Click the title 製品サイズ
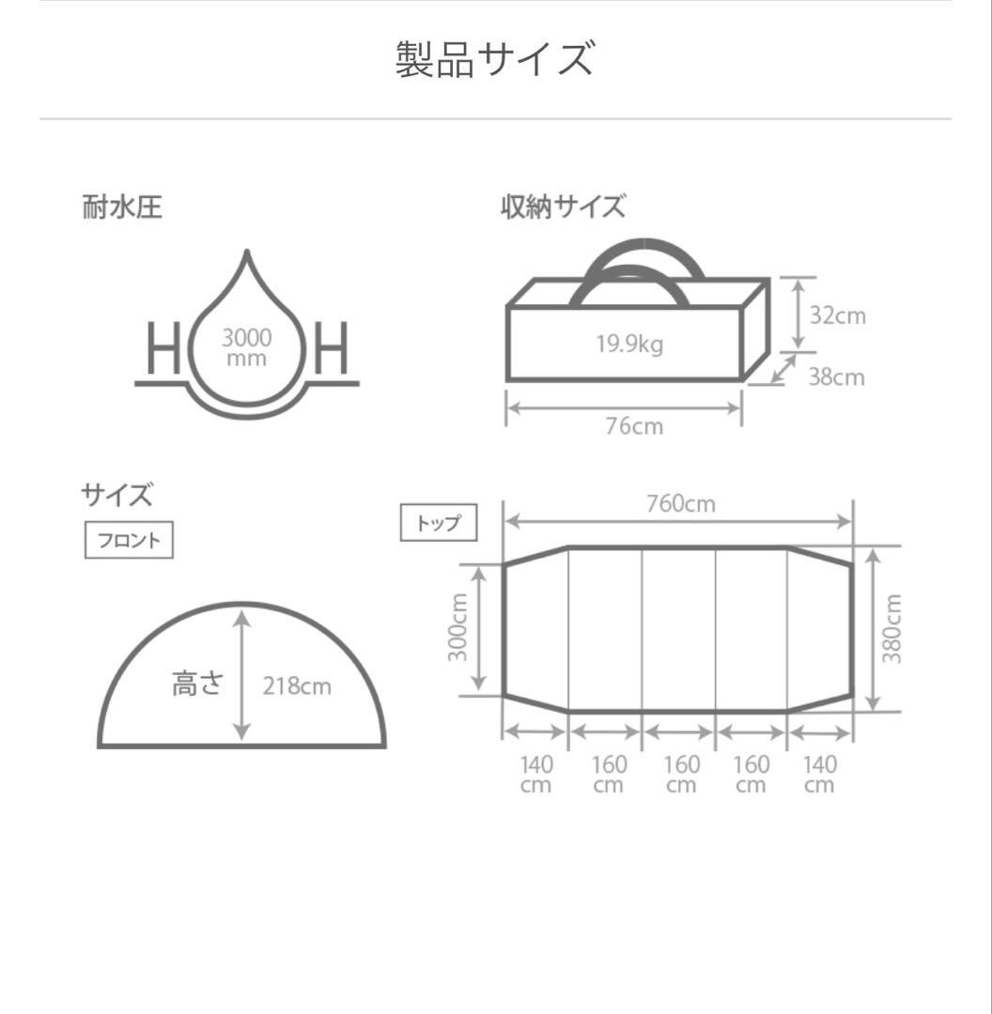495,59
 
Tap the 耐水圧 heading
122,207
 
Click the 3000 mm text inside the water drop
246,347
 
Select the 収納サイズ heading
563,207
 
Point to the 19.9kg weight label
628,344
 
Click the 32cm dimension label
838,315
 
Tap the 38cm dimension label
836,376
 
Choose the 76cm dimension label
634,426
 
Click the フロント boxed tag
129,540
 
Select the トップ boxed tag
439,523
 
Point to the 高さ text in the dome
197,684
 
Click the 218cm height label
297,686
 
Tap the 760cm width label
680,504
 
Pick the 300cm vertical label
457,628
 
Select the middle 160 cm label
681,775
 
